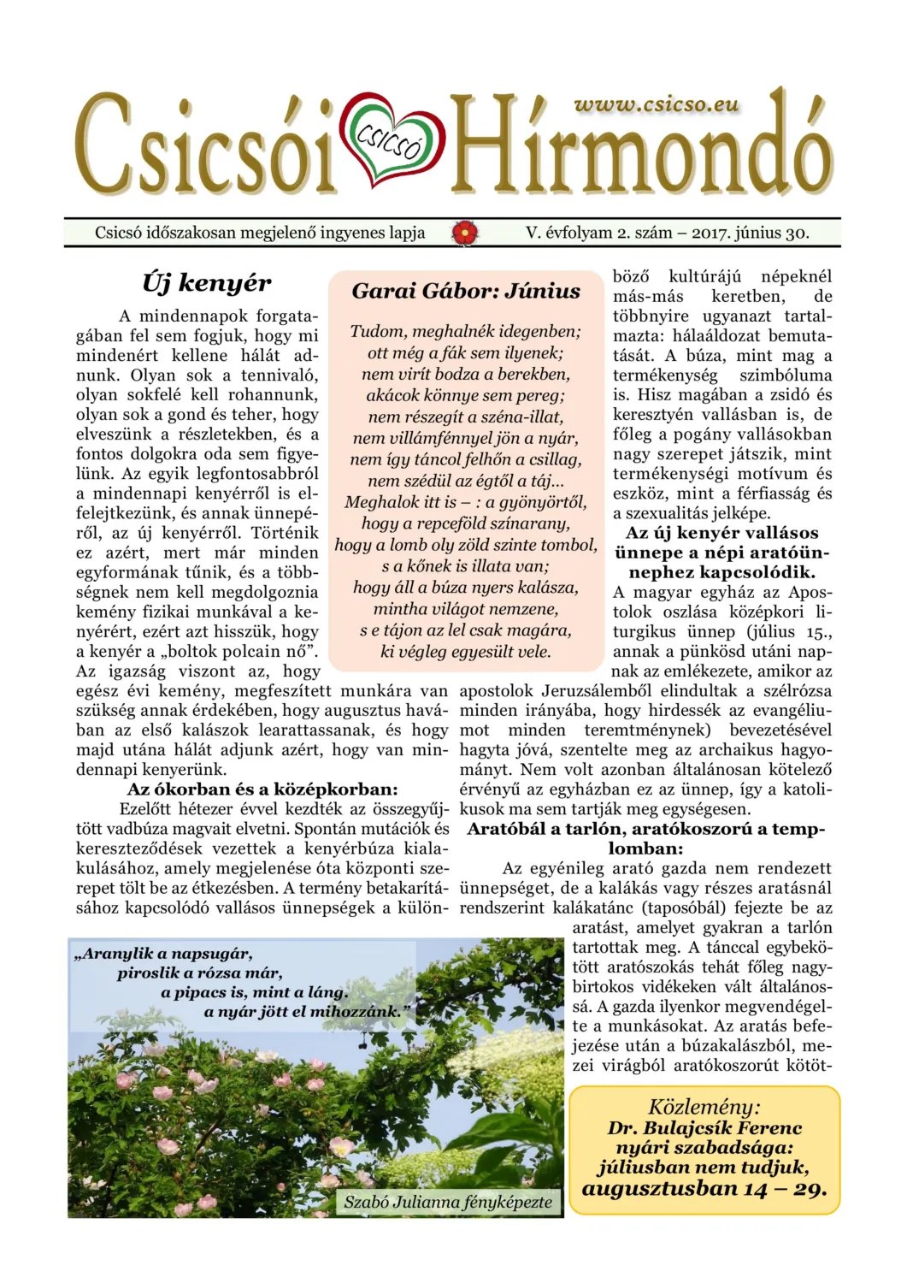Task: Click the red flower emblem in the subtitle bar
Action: pyautogui.click(x=465, y=232)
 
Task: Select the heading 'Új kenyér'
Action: pyautogui.click(x=206, y=282)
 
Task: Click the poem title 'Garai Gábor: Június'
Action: pyautogui.click(x=466, y=291)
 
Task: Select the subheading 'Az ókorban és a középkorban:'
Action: pyautogui.click(x=262, y=789)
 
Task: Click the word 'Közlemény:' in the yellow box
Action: pyautogui.click(x=704, y=1106)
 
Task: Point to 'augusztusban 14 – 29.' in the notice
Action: pyautogui.click(x=704, y=1188)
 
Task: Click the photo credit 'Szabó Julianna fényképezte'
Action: pyautogui.click(x=448, y=1202)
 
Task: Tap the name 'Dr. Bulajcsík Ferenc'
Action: pyautogui.click(x=704, y=1127)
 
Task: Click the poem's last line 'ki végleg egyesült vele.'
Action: pyautogui.click(x=466, y=651)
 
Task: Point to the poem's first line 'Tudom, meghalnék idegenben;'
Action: pyautogui.click(x=466, y=331)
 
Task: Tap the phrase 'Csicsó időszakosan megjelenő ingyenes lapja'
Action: pyautogui.click(x=260, y=232)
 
